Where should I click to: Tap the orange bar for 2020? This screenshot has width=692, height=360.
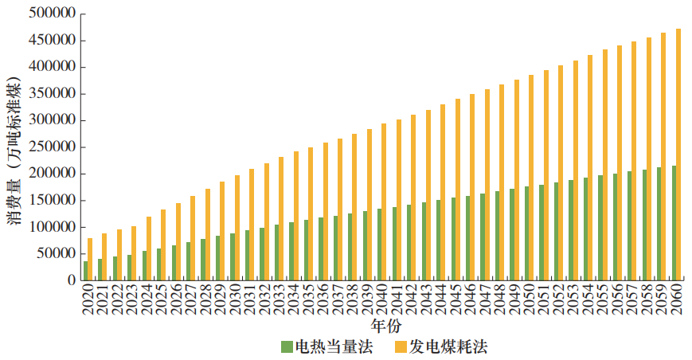(90, 260)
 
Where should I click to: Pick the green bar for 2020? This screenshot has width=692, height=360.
(85, 271)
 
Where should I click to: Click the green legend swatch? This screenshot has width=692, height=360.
(287, 346)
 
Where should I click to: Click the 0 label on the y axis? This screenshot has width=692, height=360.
(72, 280)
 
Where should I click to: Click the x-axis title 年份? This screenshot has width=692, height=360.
(385, 327)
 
